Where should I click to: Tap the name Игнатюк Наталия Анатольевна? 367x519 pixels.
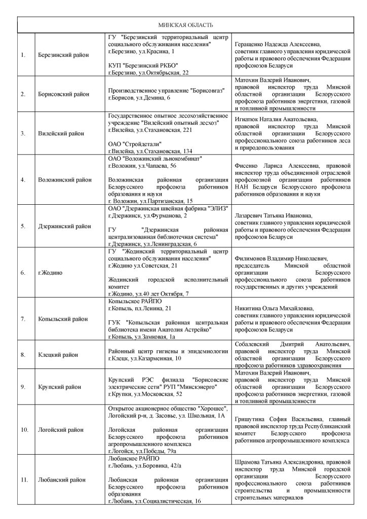pyautogui.click(x=277, y=120)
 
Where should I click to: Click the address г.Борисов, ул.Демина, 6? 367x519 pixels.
pyautogui.click(x=139, y=97)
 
